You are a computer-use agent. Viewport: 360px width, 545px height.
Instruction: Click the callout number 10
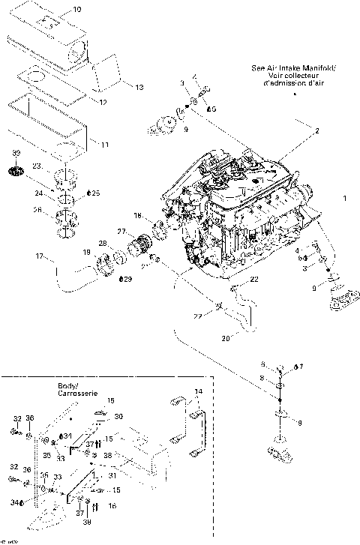tap(77, 10)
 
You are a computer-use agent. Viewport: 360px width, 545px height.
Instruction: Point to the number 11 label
tap(104, 144)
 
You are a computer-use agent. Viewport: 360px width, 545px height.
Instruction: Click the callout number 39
tap(16, 154)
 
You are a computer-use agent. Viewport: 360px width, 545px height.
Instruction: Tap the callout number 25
tap(94, 193)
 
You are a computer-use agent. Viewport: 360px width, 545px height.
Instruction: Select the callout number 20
tap(225, 337)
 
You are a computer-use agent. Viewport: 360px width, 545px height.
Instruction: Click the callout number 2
tap(316, 130)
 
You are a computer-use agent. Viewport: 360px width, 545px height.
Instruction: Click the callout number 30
tap(118, 416)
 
